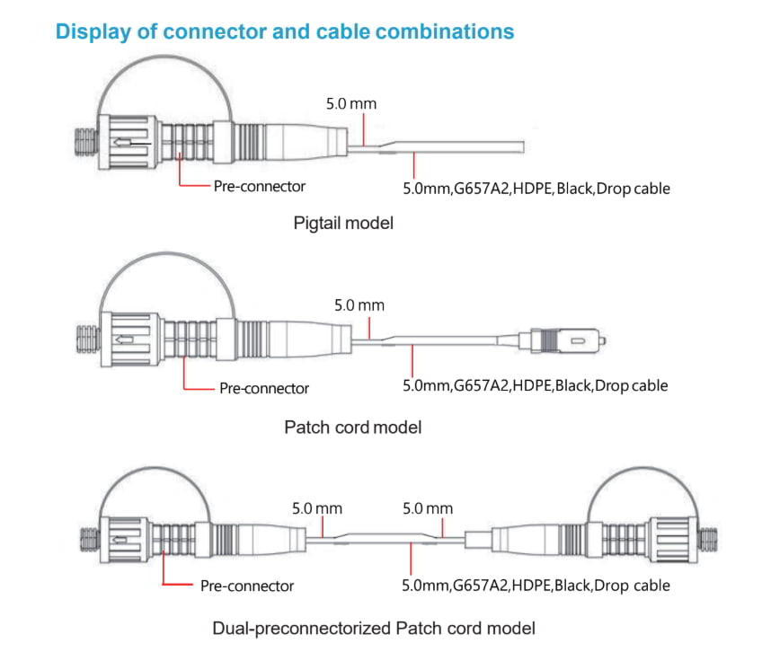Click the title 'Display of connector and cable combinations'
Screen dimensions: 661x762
click(285, 31)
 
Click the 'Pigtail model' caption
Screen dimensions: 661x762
click(343, 223)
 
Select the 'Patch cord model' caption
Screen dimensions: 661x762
click(352, 427)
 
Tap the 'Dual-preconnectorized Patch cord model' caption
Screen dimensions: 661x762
click(374, 628)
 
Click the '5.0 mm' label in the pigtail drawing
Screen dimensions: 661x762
click(351, 103)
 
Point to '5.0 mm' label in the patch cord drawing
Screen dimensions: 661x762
click(359, 305)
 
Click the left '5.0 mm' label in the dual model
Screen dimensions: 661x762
click(317, 508)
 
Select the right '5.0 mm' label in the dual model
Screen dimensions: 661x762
click(428, 508)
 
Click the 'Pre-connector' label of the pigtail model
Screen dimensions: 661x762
click(259, 187)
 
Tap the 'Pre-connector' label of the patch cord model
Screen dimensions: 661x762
click(264, 389)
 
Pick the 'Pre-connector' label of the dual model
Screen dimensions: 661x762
click(247, 586)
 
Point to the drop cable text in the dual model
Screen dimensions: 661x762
click(536, 586)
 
